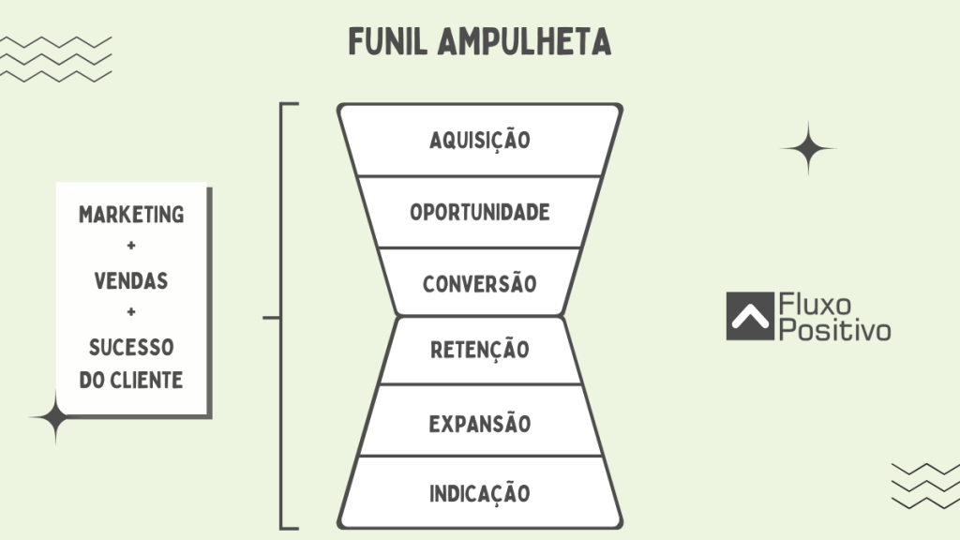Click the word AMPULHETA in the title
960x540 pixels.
(524, 41)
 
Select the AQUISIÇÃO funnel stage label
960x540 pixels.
(480, 141)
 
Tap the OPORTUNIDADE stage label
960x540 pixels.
(480, 212)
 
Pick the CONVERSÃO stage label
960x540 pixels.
(480, 283)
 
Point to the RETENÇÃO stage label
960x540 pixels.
(480, 351)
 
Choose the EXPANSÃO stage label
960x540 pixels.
(480, 424)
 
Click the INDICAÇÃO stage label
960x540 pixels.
(480, 493)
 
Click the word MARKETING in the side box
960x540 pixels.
(131, 215)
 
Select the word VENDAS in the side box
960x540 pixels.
(131, 280)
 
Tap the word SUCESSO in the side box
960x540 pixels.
(131, 348)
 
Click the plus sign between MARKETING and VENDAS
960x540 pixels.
(131, 247)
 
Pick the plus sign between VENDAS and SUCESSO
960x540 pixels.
(131, 313)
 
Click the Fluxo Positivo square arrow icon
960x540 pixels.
(748, 317)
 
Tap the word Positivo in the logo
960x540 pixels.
(835, 330)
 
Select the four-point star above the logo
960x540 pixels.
(807, 148)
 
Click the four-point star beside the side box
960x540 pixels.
(54, 418)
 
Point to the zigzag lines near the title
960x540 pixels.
(56, 58)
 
